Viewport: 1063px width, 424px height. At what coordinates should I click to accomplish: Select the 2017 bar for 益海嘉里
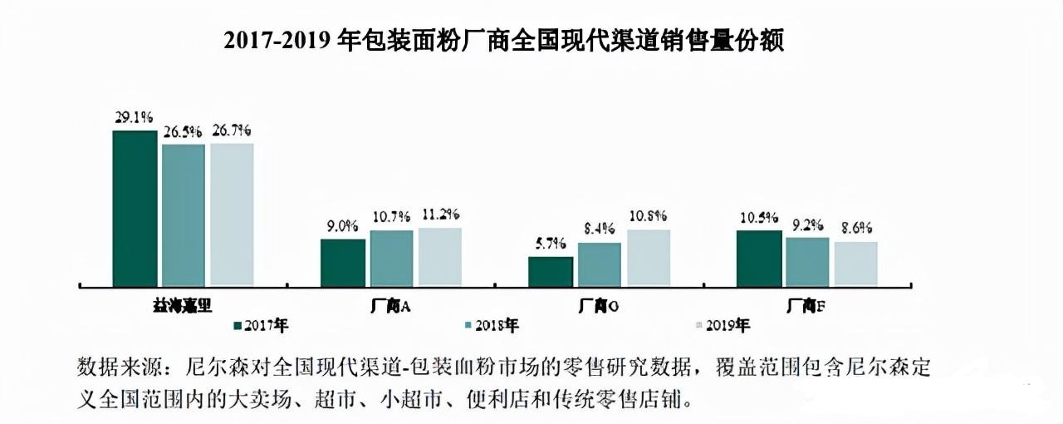click(x=135, y=208)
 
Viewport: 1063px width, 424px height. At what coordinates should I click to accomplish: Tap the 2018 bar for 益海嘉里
click(x=184, y=214)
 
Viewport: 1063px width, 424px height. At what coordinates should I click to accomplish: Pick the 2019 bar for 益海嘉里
click(x=232, y=214)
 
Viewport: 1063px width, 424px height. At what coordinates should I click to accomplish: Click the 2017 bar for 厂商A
click(x=343, y=263)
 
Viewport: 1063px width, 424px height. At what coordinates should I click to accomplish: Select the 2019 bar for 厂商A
click(x=439, y=257)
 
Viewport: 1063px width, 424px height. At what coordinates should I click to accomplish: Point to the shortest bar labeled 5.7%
click(x=551, y=271)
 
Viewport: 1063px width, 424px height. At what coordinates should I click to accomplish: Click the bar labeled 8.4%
click(x=600, y=264)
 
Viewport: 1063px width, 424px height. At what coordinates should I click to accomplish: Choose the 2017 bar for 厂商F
click(x=759, y=259)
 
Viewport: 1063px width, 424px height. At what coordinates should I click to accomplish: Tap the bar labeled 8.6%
click(x=855, y=264)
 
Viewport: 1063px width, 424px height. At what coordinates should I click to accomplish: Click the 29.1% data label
click(x=135, y=118)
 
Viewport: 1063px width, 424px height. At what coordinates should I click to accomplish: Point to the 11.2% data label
click(x=440, y=214)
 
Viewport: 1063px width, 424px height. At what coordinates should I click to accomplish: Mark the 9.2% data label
click(x=807, y=224)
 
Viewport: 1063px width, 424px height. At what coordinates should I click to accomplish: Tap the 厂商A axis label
click(x=390, y=305)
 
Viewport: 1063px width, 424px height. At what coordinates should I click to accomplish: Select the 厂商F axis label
click(x=806, y=305)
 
